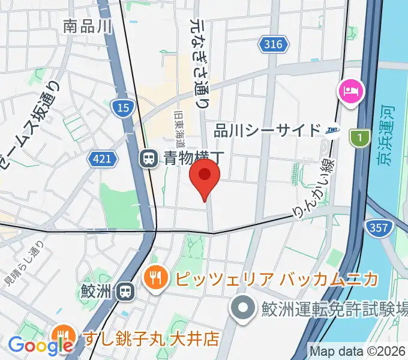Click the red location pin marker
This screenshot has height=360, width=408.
[205, 175]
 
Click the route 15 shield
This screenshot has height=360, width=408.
[122, 107]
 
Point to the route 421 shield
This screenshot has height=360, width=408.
[101, 159]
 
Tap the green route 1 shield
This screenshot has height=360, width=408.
[359, 137]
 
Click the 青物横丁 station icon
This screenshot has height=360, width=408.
[147, 159]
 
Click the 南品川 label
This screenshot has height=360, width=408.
[88, 26]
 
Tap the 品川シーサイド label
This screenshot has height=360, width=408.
[268, 130]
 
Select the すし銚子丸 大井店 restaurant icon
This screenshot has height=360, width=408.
[62, 335]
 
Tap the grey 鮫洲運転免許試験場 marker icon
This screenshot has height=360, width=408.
[243, 310]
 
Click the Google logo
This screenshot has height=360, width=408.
[41, 345]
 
